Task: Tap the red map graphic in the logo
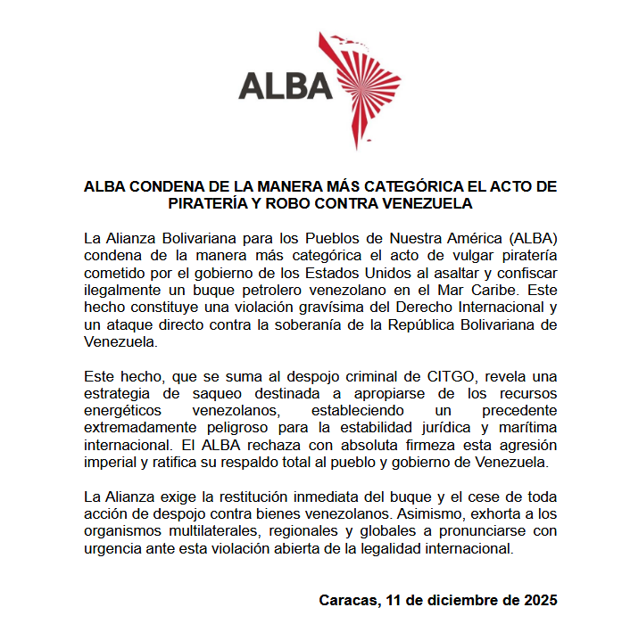pos(366,89)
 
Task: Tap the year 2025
pos(541,600)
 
